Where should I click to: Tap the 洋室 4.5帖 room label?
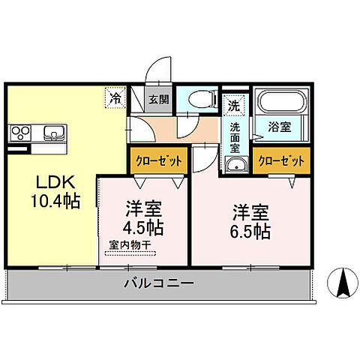tap(142, 217)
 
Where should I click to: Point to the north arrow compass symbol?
tap(343, 284)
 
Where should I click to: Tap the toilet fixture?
tap(199, 99)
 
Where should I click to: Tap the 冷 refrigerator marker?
tap(115, 97)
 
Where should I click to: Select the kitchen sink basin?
tap(54, 134)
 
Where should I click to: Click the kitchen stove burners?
tap(20, 134)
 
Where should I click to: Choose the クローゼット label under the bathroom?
tap(281, 160)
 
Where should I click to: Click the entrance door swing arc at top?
tap(155, 71)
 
